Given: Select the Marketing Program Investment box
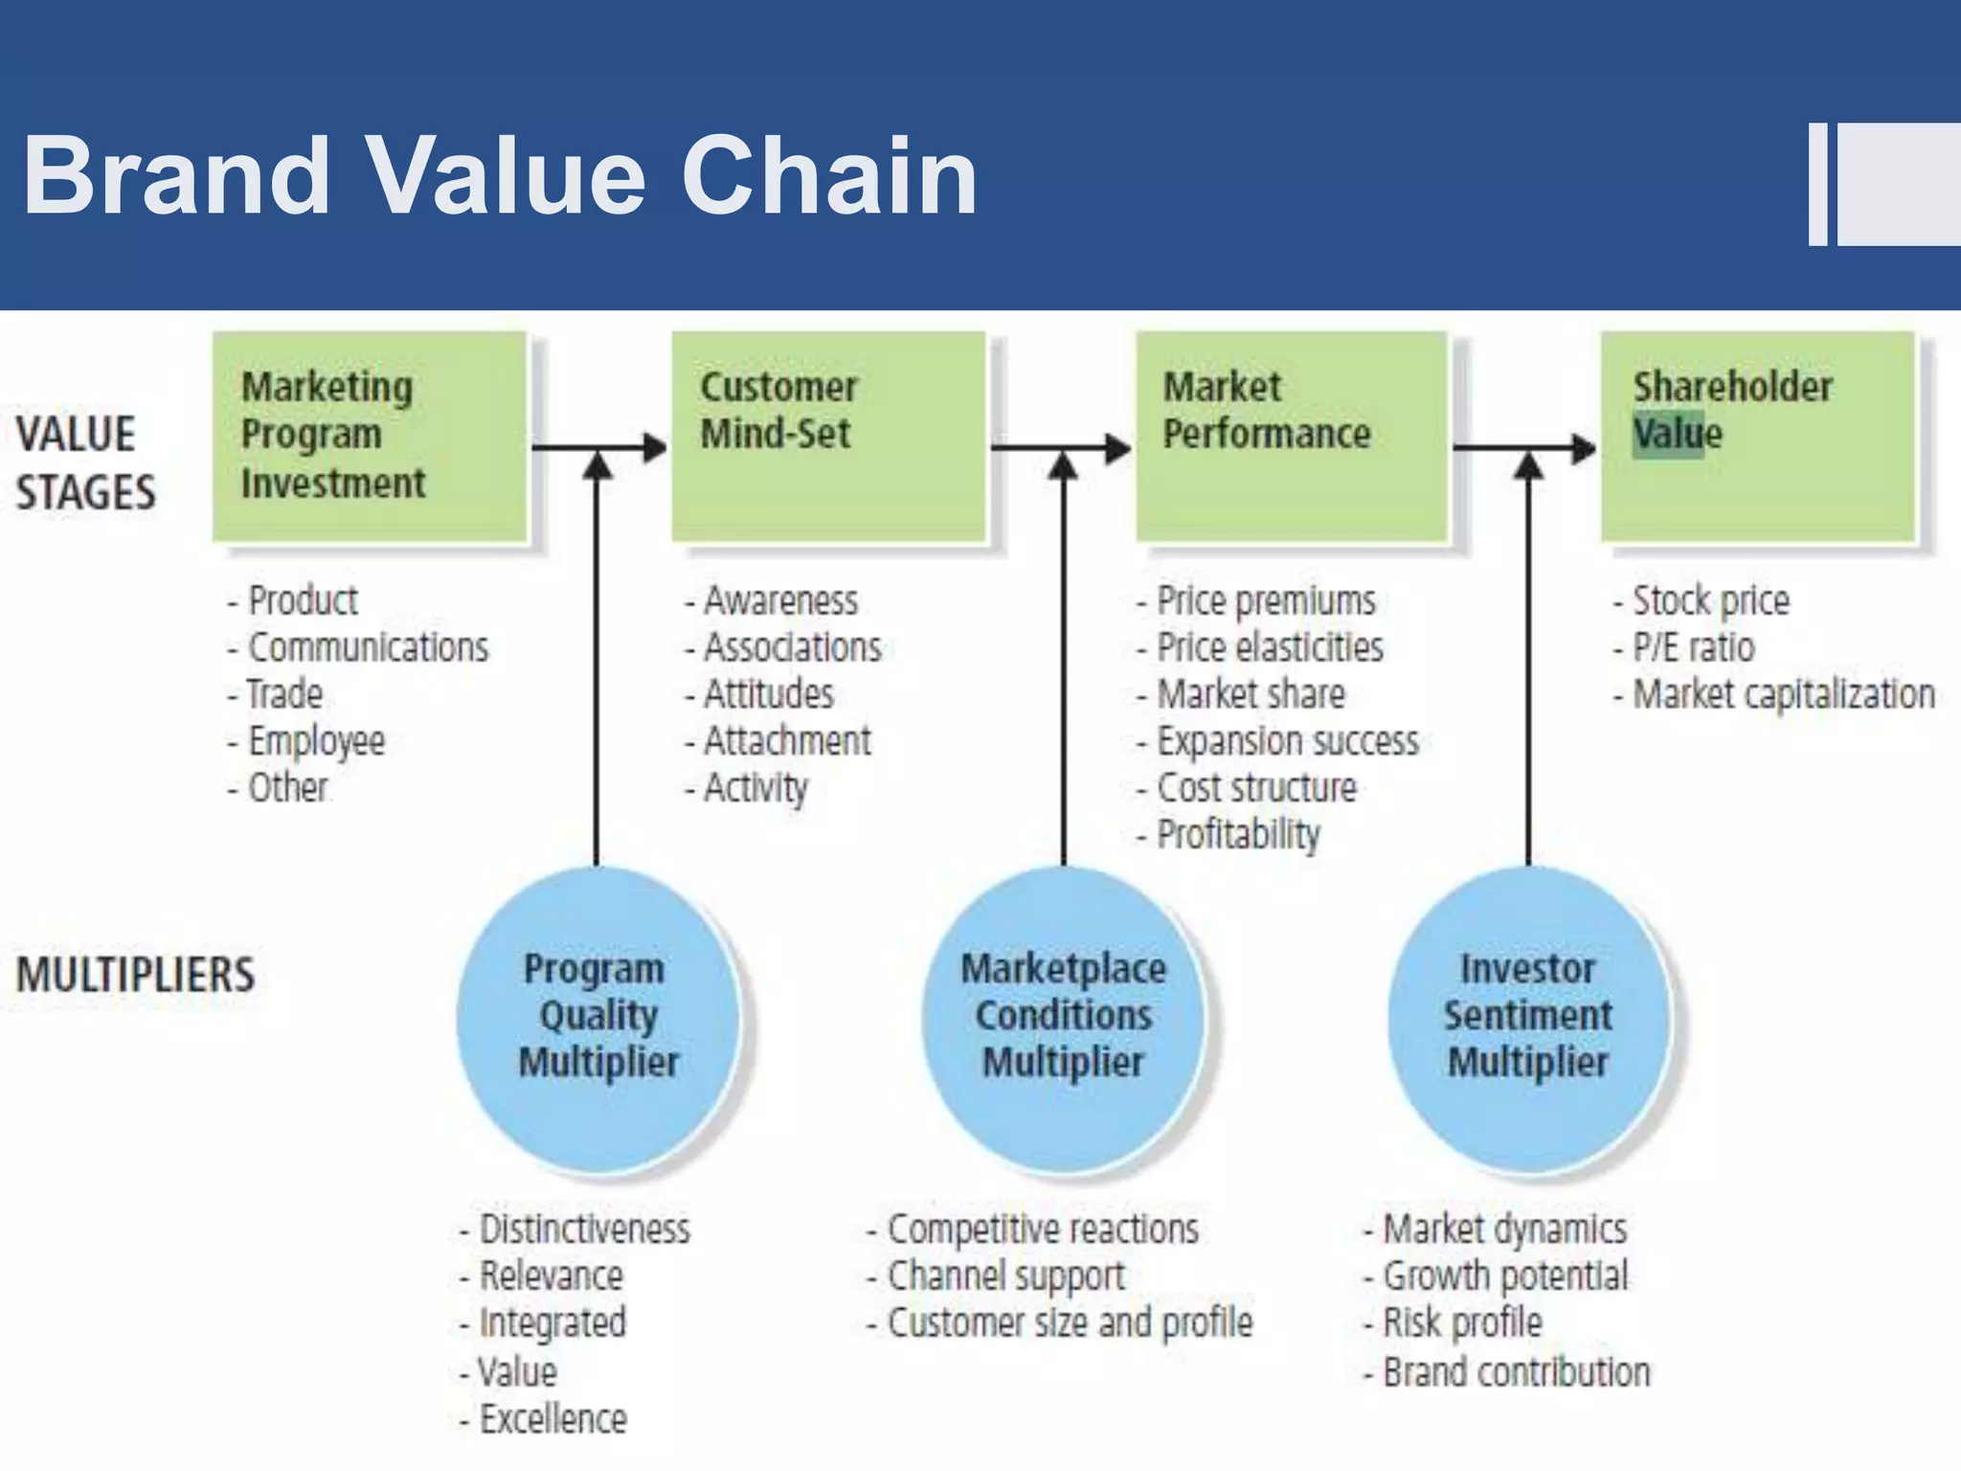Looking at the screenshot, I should click(370, 437).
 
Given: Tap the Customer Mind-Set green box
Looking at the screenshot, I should click(827, 437).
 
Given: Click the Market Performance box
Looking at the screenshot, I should click(1291, 437).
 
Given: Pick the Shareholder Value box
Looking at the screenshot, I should click(1757, 437).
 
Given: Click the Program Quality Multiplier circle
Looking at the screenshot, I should click(598, 1017).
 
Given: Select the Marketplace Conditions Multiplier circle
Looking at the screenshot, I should click(1063, 1017).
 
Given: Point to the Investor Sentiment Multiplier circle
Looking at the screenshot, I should click(1528, 1017).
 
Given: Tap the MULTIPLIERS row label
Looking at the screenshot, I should click(135, 975).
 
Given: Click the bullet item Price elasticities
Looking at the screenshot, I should click(1269, 648).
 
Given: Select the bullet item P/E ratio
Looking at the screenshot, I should click(1693, 648).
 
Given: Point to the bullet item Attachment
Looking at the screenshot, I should click(786, 741).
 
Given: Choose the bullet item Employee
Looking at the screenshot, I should click(315, 741).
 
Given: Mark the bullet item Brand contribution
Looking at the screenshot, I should click(1516, 1372).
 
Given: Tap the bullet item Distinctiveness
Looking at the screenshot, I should click(583, 1230).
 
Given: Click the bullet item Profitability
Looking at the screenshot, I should click(1238, 835).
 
